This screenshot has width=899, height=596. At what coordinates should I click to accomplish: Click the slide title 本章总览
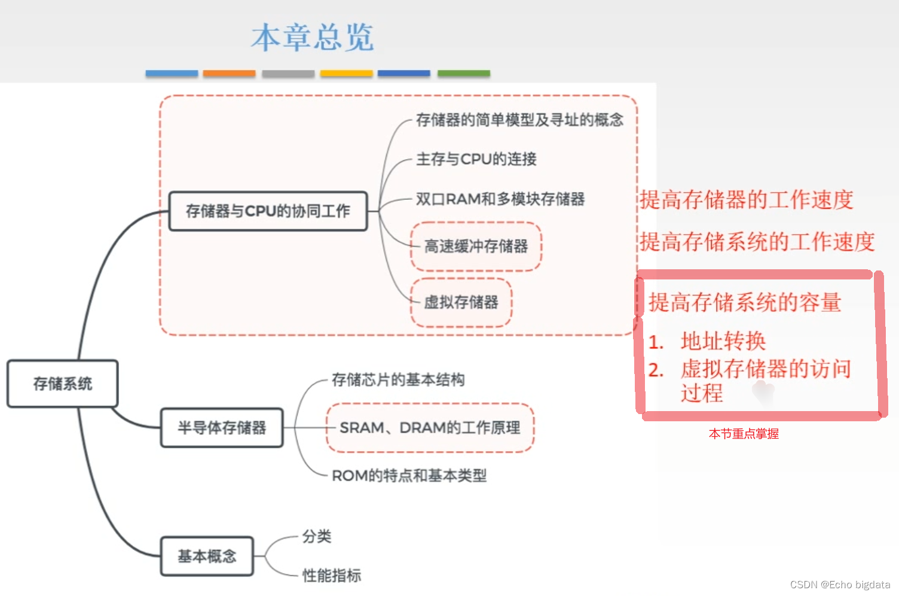click(x=313, y=38)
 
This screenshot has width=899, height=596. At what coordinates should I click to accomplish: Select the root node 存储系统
click(x=62, y=384)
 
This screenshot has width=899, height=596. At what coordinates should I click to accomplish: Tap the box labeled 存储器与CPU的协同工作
click(x=268, y=211)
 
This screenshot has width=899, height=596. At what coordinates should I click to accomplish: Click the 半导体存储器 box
click(x=222, y=428)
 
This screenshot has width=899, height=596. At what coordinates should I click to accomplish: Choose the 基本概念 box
click(x=207, y=557)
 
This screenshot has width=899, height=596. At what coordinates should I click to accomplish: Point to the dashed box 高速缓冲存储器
click(x=476, y=247)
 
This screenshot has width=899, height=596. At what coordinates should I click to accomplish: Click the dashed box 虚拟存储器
click(x=461, y=302)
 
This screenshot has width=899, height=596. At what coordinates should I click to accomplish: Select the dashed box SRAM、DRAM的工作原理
click(x=430, y=428)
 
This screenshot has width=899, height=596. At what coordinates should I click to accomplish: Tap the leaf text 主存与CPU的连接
click(x=476, y=159)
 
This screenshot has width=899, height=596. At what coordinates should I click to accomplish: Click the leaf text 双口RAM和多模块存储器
click(x=500, y=199)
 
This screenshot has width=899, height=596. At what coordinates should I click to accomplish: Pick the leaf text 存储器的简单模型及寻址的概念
click(x=519, y=120)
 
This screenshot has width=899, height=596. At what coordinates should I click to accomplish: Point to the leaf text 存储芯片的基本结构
click(x=398, y=380)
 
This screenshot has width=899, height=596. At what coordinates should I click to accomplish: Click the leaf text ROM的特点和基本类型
click(x=409, y=476)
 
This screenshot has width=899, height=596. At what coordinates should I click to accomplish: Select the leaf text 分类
click(x=317, y=536)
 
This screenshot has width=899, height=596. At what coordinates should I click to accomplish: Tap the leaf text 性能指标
click(x=332, y=576)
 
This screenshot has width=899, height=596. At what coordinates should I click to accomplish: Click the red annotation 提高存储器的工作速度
click(x=747, y=200)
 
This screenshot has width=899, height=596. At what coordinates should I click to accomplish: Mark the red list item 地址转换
click(x=723, y=341)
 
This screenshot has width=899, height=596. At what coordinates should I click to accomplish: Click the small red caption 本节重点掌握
click(x=744, y=434)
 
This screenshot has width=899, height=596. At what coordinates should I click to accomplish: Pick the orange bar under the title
click(x=229, y=74)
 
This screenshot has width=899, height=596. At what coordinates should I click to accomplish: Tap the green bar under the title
click(x=464, y=74)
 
